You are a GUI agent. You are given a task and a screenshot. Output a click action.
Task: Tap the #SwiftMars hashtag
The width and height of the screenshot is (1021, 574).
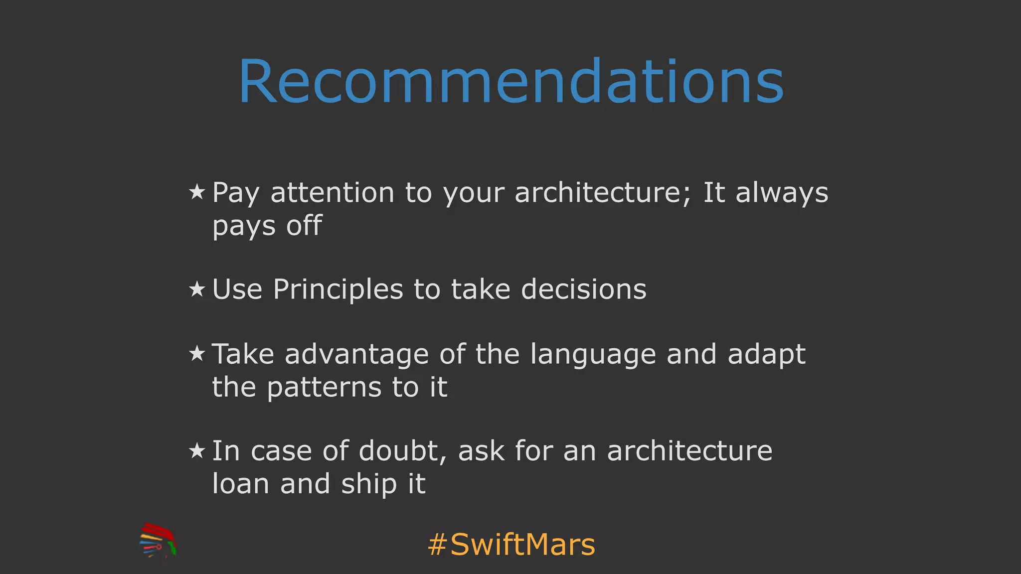tap(511, 544)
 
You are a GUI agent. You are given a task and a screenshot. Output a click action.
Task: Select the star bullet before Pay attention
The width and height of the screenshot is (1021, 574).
tap(197, 192)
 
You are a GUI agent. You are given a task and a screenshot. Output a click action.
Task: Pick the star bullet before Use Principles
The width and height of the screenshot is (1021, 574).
tap(197, 289)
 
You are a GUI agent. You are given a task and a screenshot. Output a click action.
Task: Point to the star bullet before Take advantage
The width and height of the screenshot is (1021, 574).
tap(197, 354)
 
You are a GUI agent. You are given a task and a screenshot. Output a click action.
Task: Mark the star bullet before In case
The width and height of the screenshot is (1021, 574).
tap(197, 450)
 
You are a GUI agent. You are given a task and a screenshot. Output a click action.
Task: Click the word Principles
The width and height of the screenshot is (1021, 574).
tap(338, 289)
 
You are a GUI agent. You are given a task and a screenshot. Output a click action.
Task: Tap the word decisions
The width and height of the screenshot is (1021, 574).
tap(583, 289)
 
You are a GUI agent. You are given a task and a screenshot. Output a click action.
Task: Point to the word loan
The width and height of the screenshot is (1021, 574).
tap(241, 484)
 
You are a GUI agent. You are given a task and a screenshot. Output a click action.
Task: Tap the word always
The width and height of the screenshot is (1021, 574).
tap(782, 193)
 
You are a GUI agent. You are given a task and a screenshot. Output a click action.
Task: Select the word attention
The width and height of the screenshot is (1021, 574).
tap(332, 193)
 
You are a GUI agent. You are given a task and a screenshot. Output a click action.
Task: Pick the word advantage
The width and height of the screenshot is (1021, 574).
tap(356, 355)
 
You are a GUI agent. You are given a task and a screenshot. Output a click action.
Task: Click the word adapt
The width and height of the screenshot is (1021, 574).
tap(766, 355)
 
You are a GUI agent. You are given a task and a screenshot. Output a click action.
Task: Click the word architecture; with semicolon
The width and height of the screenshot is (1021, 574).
tap(603, 193)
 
